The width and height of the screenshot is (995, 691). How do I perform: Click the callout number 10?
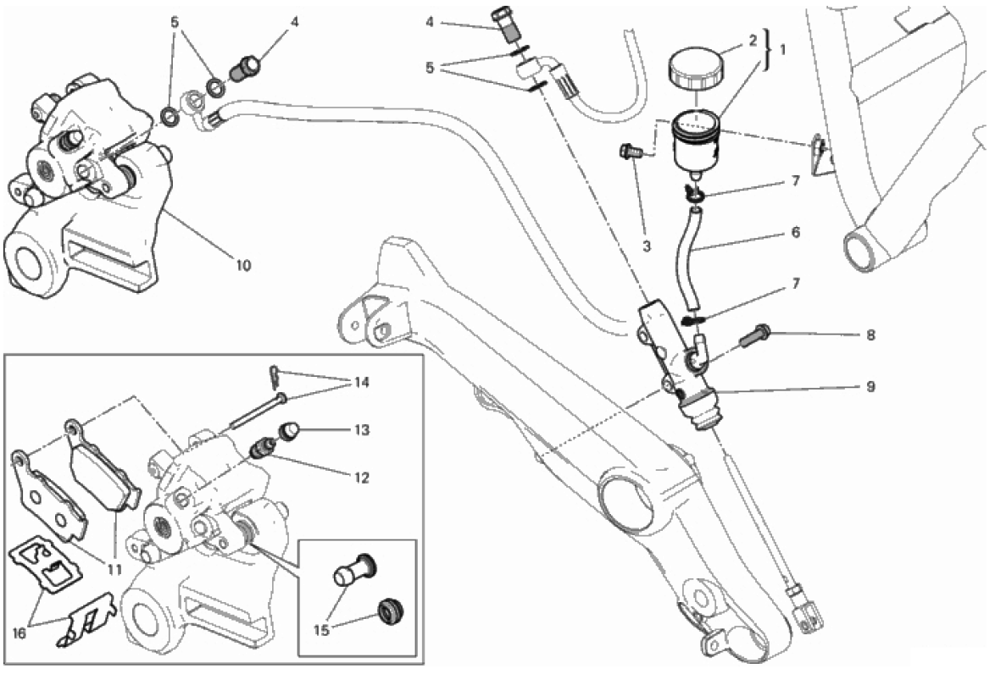pos(242,265)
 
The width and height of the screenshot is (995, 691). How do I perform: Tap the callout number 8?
pos(870,335)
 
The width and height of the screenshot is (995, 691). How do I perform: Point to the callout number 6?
pos(795,231)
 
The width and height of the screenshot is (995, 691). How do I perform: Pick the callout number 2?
pos(750,40)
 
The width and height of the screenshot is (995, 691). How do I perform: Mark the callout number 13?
pos(362,430)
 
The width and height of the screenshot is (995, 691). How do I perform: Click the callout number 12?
pos(362,478)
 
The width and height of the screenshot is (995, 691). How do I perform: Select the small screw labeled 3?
pos(629,152)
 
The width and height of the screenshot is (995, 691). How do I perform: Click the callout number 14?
pos(362,382)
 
